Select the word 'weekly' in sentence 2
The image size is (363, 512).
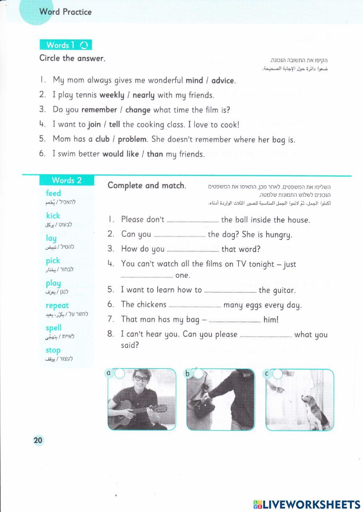pos(112,95)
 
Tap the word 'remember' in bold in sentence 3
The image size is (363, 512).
pos(99,110)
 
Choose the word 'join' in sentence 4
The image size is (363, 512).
pos(94,125)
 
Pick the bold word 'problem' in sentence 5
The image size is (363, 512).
pos(132,139)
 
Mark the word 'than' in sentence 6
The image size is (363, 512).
pos(155,154)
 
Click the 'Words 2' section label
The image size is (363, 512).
pos(67,180)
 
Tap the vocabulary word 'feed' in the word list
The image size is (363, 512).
pos(53,193)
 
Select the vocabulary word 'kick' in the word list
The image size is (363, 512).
pos(53,216)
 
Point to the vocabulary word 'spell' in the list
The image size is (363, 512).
pos(54,328)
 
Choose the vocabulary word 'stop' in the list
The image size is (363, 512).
pos(53,350)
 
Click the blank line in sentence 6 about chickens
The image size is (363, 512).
pos(195,306)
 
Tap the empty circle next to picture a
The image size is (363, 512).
pos(119,373)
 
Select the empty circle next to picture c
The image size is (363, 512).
pos(277,374)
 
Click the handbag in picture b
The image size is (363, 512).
pos(203,409)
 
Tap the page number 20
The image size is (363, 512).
pos(38,440)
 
